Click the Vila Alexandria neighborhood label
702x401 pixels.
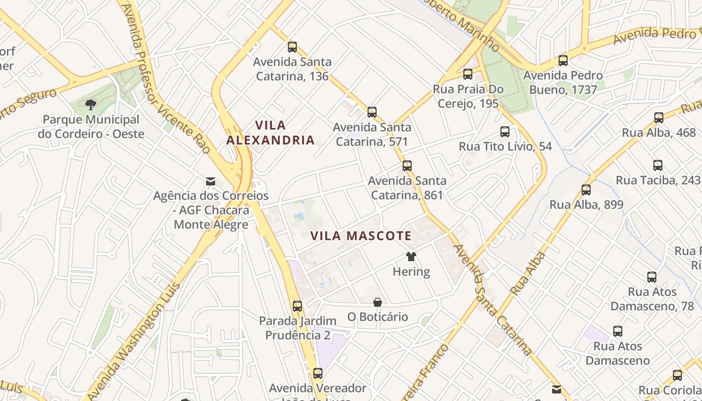click(x=270, y=132)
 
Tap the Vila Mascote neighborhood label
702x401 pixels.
click(x=361, y=236)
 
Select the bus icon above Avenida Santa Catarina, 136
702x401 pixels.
click(x=292, y=47)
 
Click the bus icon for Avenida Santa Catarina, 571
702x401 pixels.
click(x=372, y=112)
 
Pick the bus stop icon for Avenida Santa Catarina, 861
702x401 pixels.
click(x=407, y=165)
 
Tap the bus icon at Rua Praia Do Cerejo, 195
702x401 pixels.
click(x=468, y=74)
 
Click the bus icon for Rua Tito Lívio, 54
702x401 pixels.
click(x=505, y=132)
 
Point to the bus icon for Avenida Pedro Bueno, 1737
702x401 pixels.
click(x=563, y=61)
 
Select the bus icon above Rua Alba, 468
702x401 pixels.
click(x=659, y=118)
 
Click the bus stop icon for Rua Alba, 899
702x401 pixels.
click(x=586, y=190)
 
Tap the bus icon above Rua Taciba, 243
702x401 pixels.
click(x=658, y=165)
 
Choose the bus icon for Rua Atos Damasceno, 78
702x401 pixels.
click(x=652, y=277)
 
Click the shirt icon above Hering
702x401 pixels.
click(x=411, y=257)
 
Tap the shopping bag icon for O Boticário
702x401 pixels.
click(x=378, y=302)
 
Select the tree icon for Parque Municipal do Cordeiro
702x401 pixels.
click(x=91, y=105)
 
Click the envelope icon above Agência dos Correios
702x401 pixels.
click(x=211, y=181)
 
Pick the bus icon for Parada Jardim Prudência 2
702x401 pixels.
click(x=297, y=306)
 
